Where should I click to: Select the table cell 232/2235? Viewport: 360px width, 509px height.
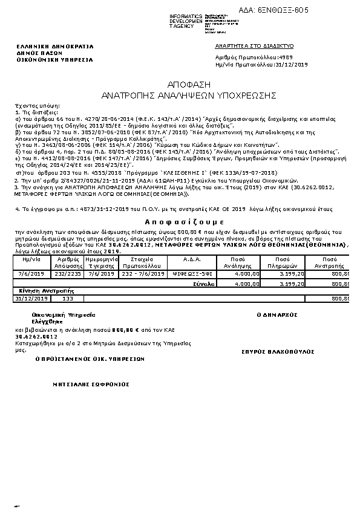68,273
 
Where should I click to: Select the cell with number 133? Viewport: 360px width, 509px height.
68,299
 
